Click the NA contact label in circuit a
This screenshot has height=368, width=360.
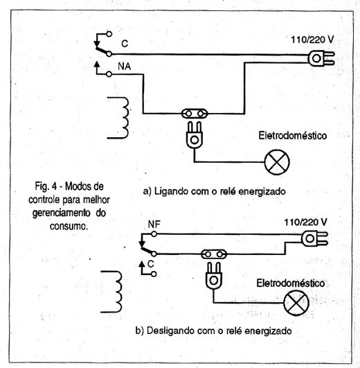tap(124, 67)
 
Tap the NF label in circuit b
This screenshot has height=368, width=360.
tap(154, 225)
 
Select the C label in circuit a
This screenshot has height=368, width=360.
tap(125, 44)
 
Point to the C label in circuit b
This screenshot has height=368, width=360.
tap(151, 264)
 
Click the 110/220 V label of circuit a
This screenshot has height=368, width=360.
tap(312, 40)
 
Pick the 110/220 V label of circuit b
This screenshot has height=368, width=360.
tap(305, 222)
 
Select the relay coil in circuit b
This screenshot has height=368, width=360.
tap(116, 292)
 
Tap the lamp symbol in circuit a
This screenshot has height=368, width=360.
tap(277, 162)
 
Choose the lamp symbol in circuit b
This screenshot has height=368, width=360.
tap(296, 303)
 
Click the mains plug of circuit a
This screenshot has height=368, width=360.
tap(321, 58)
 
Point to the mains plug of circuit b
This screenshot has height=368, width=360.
tap(314, 238)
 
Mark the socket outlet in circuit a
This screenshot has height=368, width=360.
tap(195, 114)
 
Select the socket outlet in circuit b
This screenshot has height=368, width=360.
tap(214, 254)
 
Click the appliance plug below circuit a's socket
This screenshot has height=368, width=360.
tap(195, 134)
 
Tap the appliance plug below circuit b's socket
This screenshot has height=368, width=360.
tap(213, 276)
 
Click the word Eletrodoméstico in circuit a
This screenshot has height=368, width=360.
tap(292, 136)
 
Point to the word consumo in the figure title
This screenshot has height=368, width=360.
tap(69, 226)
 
